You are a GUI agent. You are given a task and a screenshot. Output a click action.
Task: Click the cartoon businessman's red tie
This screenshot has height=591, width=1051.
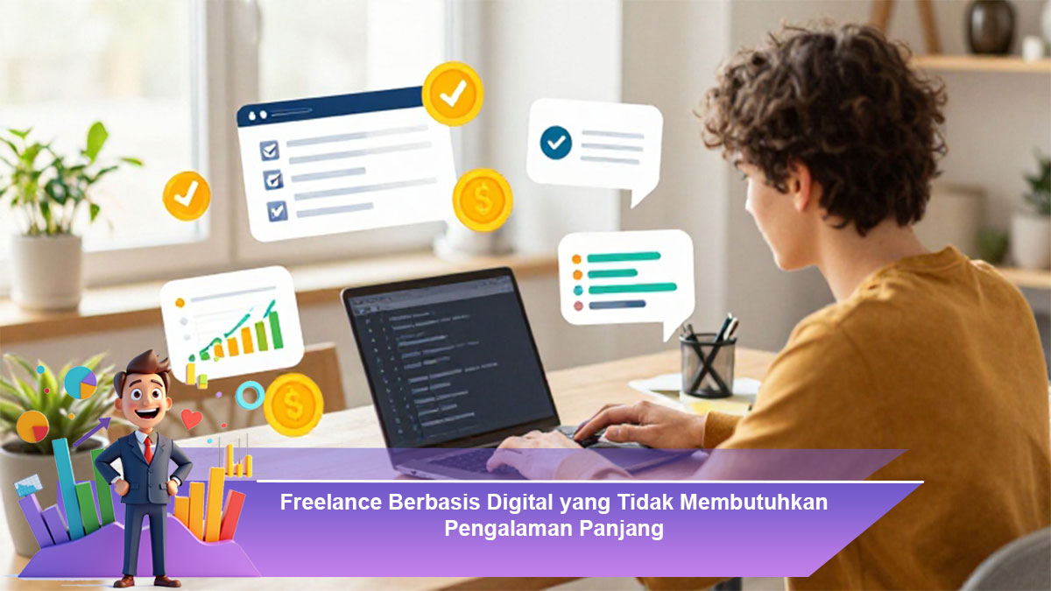pyautogui.click(x=148, y=449)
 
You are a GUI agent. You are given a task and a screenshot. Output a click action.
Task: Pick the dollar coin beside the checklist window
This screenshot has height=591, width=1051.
pyautogui.click(x=483, y=200)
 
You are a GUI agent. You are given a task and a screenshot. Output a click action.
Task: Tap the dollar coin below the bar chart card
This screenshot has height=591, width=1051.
pyautogui.click(x=293, y=405)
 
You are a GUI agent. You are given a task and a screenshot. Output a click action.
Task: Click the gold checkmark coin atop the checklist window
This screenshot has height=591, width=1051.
pyautogui.click(x=452, y=94)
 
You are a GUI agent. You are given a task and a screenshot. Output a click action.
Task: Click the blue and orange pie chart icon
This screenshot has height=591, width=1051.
pyautogui.click(x=81, y=383)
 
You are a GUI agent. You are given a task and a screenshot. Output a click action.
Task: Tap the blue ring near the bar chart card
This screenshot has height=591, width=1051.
pyautogui.click(x=250, y=395)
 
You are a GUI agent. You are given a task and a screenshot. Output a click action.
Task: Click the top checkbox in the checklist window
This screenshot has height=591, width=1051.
pyautogui.click(x=269, y=150)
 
